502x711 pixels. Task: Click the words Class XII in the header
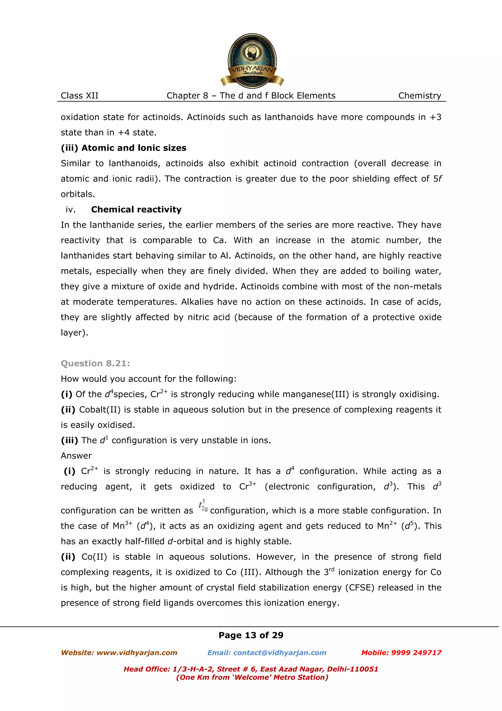tap(79, 96)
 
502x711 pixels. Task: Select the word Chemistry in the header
tap(419, 96)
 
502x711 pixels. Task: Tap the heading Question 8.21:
tap(95, 363)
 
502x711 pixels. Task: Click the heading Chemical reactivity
tap(136, 210)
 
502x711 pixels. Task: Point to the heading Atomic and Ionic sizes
tap(134, 148)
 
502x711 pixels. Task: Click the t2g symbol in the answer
tap(203, 505)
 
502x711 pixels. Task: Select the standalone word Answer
tap(76, 456)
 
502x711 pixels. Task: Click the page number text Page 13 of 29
tap(251, 635)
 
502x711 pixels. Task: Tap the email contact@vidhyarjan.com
tap(280, 653)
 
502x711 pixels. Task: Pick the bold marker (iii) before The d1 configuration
tap(69, 440)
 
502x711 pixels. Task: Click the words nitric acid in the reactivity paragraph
tap(208, 317)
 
